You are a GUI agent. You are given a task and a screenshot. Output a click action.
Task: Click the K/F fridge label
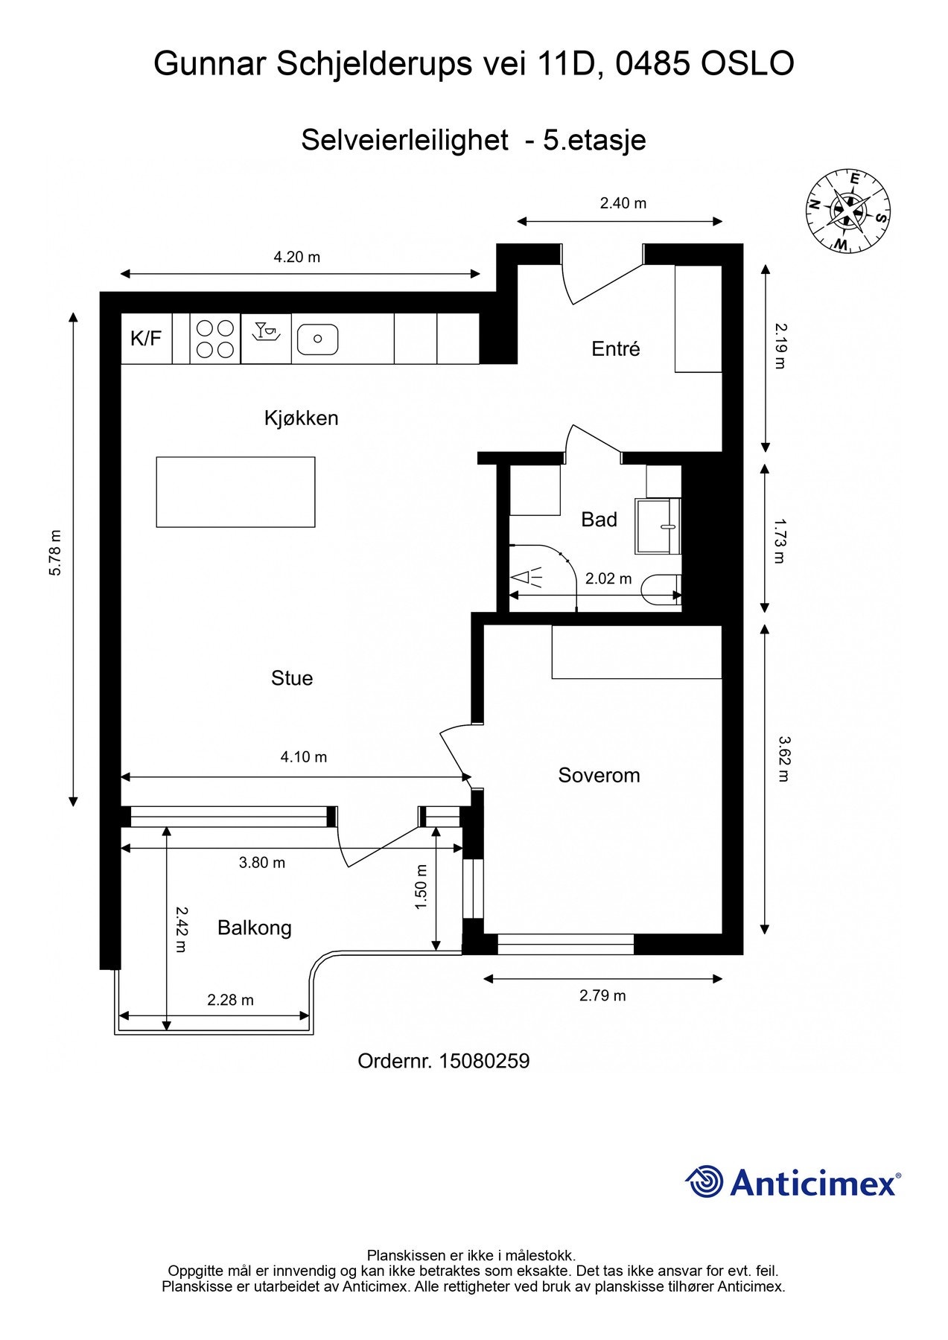146,339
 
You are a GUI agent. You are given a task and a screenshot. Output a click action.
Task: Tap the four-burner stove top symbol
215,339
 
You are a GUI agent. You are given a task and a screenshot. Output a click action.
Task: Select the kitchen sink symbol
317,339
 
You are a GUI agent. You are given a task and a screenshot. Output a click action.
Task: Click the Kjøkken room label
301,418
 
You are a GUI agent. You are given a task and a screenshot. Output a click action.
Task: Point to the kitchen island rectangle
235,492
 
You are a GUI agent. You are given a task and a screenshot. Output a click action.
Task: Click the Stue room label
292,678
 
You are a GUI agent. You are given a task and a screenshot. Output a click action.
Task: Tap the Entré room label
616,348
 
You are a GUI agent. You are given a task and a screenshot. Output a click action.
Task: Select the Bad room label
599,520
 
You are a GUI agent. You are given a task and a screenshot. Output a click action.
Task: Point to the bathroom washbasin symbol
658,526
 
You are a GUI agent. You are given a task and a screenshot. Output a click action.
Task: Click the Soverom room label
599,776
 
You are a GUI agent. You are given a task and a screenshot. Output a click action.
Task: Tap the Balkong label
255,928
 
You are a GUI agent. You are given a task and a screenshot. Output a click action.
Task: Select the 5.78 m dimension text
55,552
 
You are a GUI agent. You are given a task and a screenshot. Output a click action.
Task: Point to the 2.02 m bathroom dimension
608,578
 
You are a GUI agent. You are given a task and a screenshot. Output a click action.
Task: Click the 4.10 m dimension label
304,757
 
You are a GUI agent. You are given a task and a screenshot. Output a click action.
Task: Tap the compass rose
848,211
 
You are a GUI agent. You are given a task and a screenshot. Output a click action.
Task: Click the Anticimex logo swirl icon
704,1181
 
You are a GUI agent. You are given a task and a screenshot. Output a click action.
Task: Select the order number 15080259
484,1062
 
